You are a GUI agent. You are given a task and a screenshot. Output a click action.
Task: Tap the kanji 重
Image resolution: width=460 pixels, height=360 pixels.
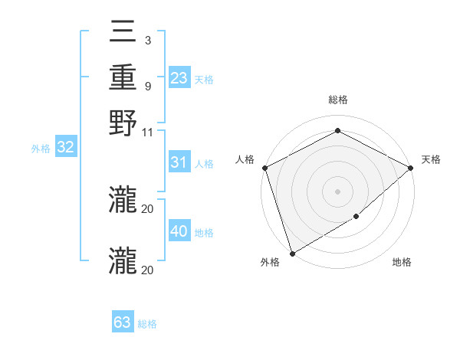[x=123, y=77]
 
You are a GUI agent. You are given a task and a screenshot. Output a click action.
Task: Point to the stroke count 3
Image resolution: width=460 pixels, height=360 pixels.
[x=147, y=40]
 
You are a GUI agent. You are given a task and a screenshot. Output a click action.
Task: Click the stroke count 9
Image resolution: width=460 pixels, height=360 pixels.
[x=147, y=85]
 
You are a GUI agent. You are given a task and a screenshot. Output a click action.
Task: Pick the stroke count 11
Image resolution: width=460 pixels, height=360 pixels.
[x=147, y=131]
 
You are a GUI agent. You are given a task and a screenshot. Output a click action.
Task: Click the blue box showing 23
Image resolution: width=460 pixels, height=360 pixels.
[x=179, y=78]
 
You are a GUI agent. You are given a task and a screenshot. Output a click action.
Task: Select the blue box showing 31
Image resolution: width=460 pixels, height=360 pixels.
[x=179, y=162]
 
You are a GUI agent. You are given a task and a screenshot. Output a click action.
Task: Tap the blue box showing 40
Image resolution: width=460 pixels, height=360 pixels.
[x=179, y=231]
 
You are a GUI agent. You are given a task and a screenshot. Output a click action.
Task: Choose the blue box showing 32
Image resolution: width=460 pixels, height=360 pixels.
[x=65, y=147]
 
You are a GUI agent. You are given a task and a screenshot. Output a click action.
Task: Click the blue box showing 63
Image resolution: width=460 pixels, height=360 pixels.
[x=123, y=322]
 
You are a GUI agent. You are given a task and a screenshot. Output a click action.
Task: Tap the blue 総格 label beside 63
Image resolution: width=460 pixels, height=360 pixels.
[x=147, y=324]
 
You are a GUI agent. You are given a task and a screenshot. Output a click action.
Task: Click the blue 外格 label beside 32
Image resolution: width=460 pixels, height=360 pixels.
[x=41, y=149]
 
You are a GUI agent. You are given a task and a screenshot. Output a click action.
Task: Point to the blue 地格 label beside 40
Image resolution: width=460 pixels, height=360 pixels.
[x=205, y=233]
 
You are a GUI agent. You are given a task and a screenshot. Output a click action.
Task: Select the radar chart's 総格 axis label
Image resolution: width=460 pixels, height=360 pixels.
[x=338, y=100]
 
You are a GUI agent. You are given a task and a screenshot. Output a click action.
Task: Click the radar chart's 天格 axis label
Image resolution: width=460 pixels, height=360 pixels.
[x=432, y=159]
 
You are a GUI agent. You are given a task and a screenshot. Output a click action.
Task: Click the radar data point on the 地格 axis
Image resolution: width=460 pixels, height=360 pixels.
[x=356, y=217]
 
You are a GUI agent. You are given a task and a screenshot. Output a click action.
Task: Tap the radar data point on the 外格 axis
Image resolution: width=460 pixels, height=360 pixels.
[x=292, y=253]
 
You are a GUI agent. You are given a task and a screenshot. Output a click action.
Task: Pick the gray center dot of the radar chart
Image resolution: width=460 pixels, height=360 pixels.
[x=338, y=191]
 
